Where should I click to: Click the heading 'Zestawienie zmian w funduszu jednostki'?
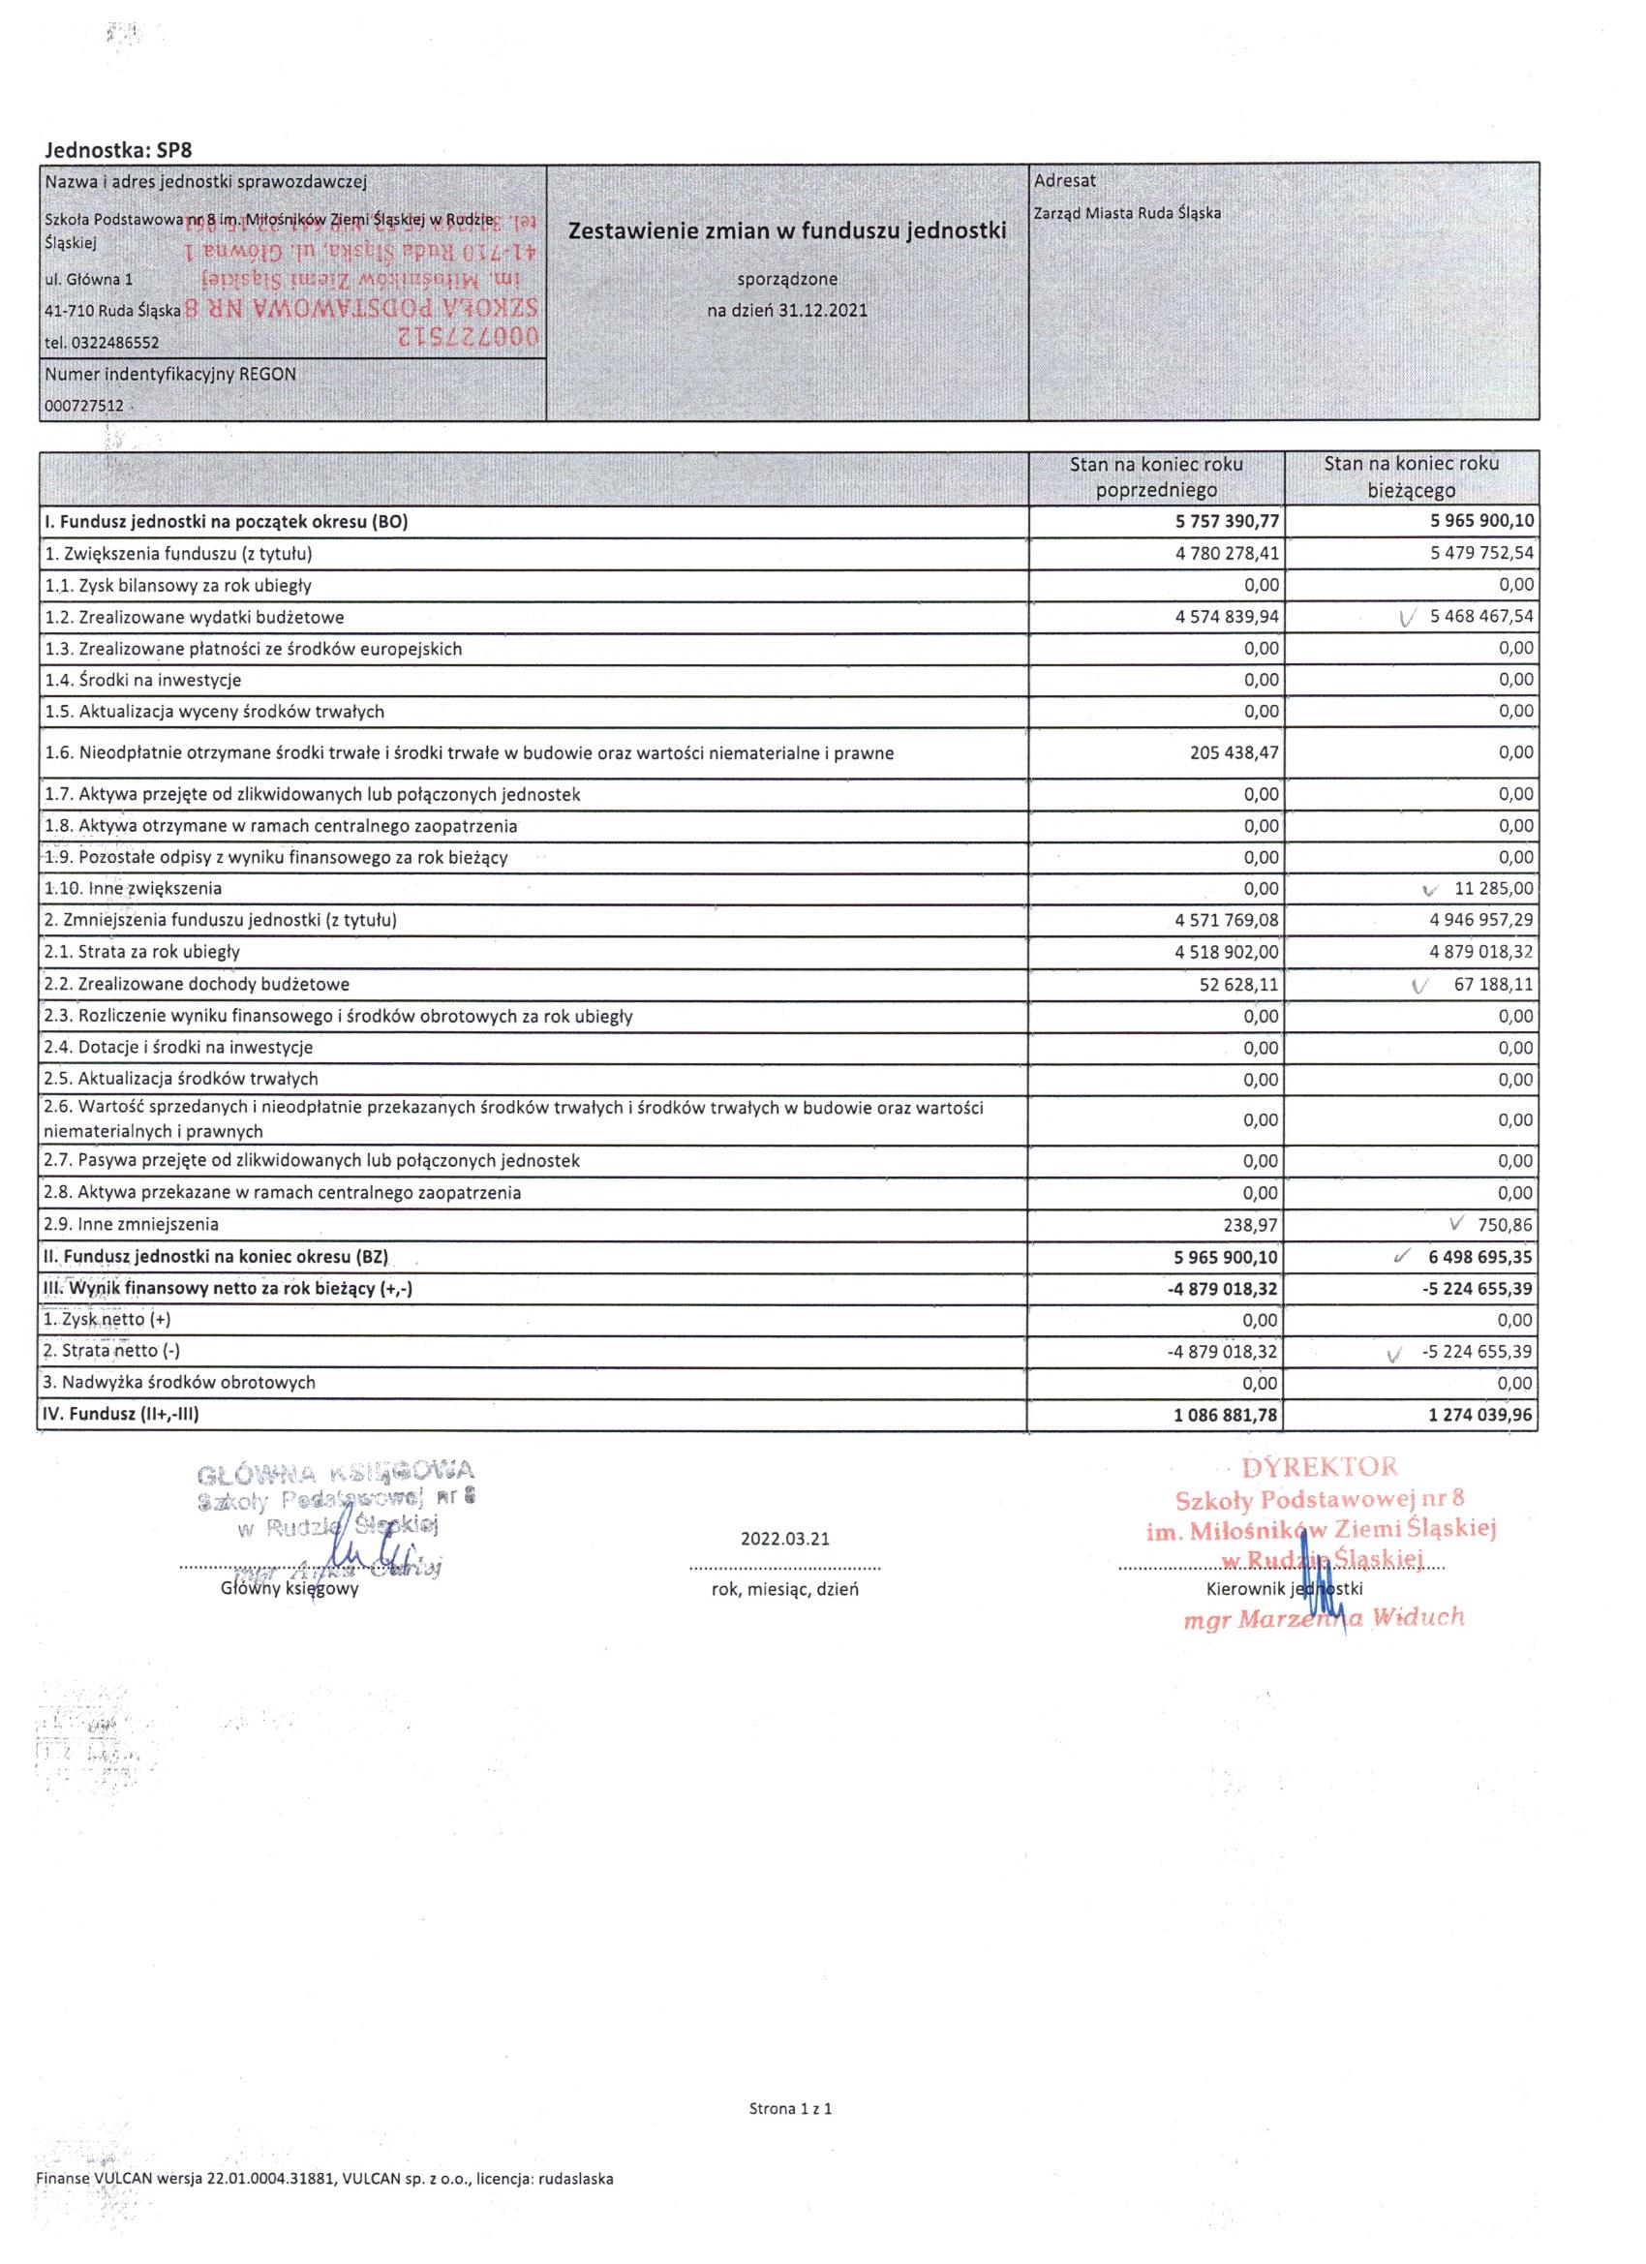[786, 231]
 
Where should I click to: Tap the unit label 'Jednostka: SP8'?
[119, 150]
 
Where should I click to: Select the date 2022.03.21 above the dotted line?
[784, 1539]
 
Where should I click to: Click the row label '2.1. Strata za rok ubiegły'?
[142, 952]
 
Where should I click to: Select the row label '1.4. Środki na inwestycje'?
[142, 680]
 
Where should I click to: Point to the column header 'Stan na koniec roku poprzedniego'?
[1156, 477]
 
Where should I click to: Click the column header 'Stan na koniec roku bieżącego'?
[1411, 477]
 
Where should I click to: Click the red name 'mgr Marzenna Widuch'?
[1323, 1618]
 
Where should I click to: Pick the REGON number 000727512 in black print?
[84, 407]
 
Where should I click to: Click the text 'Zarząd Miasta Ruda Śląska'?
[1127, 213]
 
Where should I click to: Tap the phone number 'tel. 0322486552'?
[102, 343]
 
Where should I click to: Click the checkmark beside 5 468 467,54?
[1407, 618]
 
